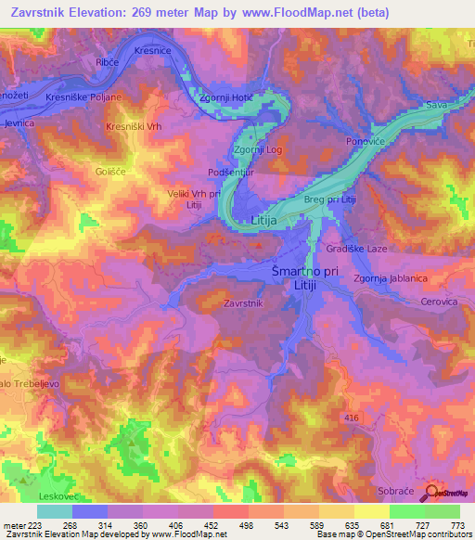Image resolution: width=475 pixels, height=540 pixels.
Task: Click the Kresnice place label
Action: (153, 50)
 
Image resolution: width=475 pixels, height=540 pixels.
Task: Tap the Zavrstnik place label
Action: (245, 303)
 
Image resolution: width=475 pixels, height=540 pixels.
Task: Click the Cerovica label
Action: (437, 302)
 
